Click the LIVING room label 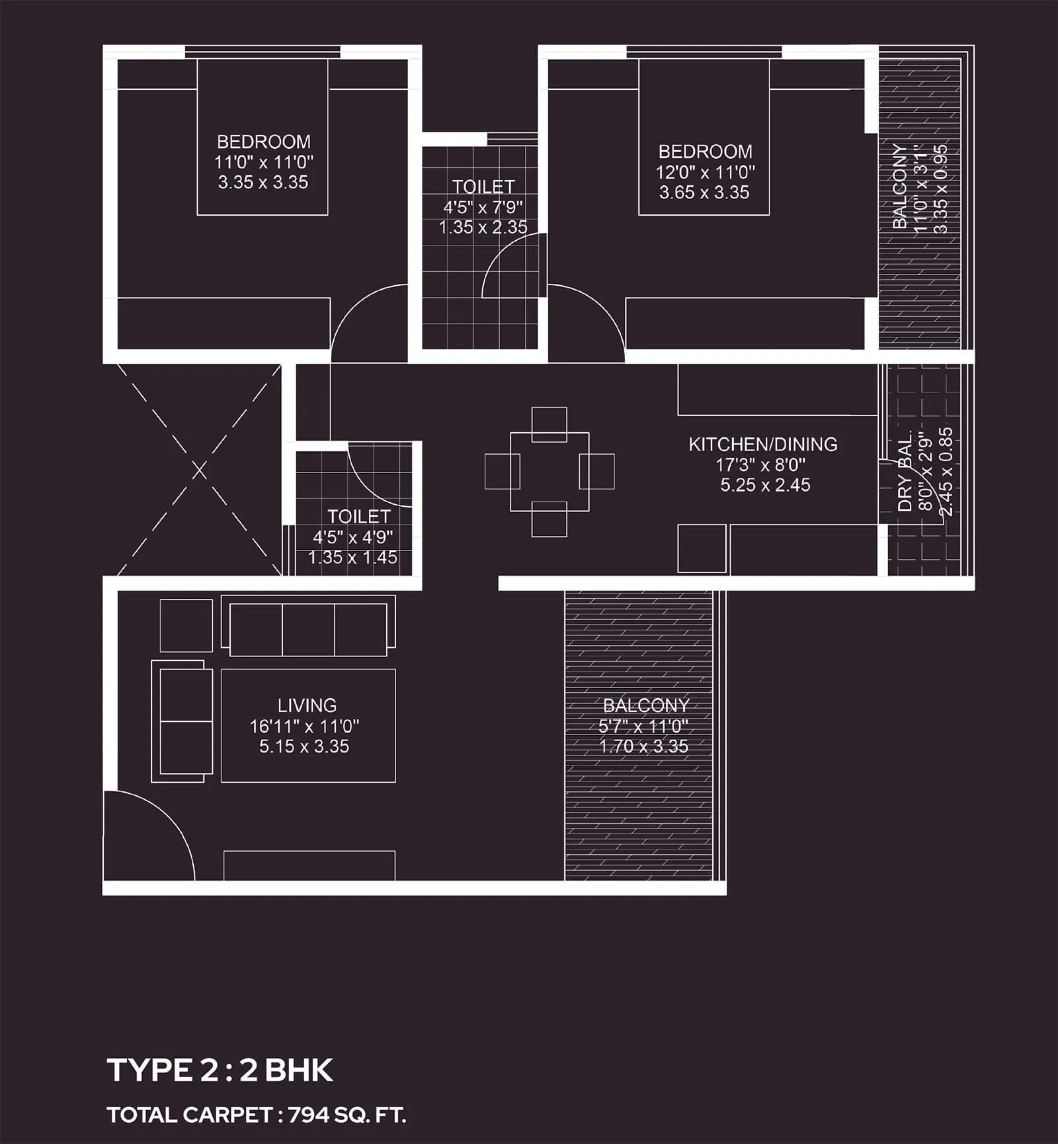[x=307, y=705]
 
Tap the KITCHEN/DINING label [x=763, y=444]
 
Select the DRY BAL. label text [x=905, y=471]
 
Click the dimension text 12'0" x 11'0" [x=705, y=172]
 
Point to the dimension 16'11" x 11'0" [x=304, y=726]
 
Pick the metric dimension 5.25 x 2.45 [x=765, y=485]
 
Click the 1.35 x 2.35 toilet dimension [x=483, y=227]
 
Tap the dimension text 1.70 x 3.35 [x=643, y=746]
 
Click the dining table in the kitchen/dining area [x=549, y=471]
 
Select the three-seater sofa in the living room [x=308, y=628]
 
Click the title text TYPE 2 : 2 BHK [x=220, y=1070]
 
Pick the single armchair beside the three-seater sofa [x=186, y=625]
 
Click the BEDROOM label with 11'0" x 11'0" [x=263, y=142]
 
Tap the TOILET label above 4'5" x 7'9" [x=483, y=187]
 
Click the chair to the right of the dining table [x=597, y=471]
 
